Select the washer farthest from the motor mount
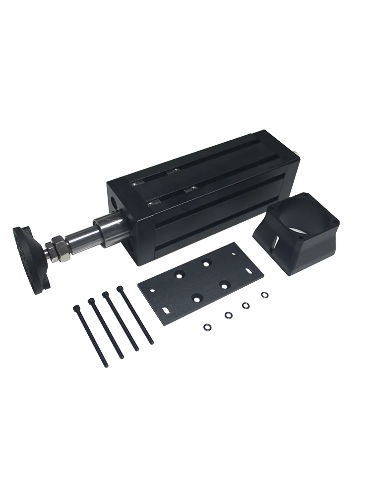click(206, 327)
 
